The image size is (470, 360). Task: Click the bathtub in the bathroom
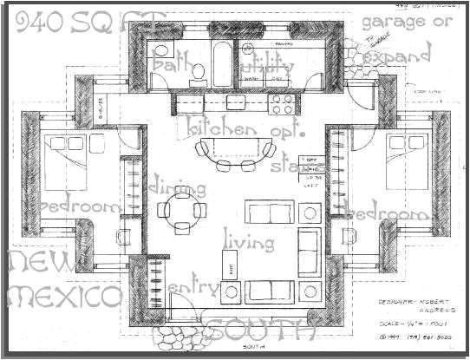coord(224,62)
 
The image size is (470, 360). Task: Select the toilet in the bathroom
coord(198,72)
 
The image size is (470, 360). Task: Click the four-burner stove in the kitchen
coord(283,104)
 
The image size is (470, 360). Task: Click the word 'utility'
coord(267,66)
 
